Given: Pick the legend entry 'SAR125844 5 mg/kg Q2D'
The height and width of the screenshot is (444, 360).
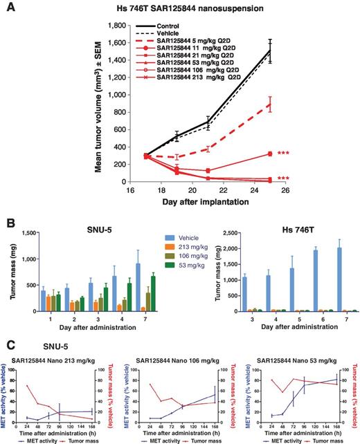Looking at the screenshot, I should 217,44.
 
